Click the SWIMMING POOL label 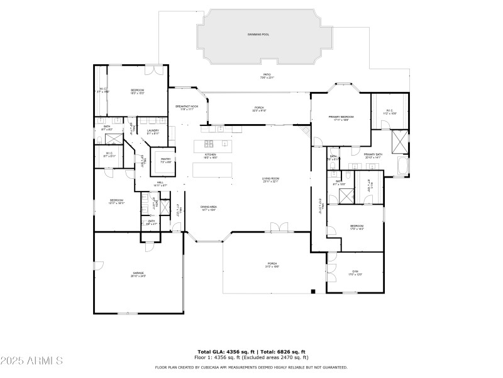coord(258,34)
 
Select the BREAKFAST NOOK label coord(187,106)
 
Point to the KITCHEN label coord(210,154)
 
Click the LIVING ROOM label coord(270,179)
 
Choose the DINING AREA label coord(209,207)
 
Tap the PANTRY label coord(165,159)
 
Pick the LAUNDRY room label coord(153,130)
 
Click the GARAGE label coord(138,273)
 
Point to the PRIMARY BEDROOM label coord(341,117)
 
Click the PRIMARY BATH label coord(373,154)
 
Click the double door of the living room coord(275,227)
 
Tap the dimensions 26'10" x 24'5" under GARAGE coord(138,277)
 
